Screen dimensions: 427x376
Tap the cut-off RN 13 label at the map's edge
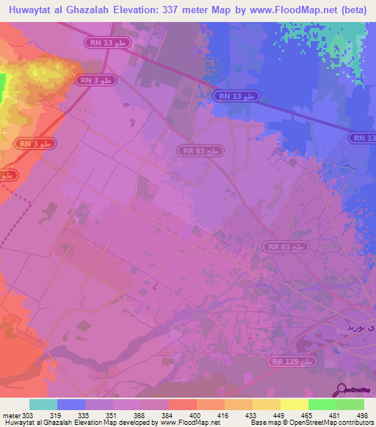tap(363, 138)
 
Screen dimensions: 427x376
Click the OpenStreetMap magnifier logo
tap(342, 390)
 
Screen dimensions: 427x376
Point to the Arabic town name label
tap(361, 324)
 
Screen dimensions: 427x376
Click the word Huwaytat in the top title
tap(30, 10)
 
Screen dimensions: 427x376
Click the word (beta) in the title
tap(352, 10)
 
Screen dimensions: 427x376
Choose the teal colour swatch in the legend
tap(43, 404)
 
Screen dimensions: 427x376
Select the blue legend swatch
tap(70, 404)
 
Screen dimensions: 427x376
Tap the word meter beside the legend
tap(10, 415)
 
